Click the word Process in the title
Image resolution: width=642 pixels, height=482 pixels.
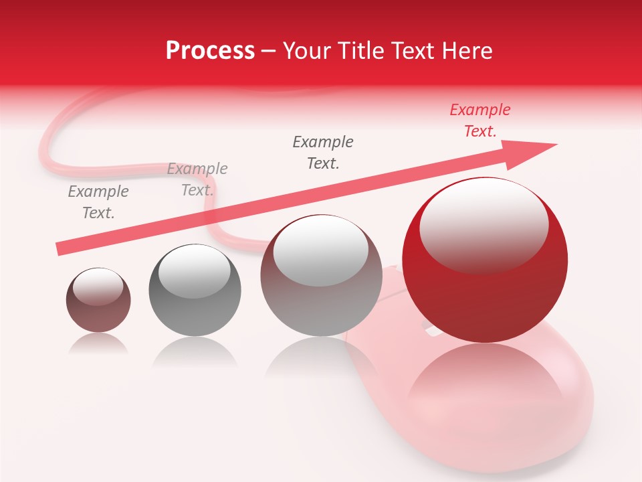coord(210,51)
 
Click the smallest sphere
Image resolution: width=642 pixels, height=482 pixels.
coord(98,301)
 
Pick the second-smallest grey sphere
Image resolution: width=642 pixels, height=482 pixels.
coord(195,291)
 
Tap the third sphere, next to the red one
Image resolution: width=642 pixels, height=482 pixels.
coord(321,275)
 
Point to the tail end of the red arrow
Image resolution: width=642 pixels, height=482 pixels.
coord(62,248)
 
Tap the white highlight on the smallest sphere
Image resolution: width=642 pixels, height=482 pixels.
coord(98,287)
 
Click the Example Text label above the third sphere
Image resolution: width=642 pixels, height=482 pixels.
coord(323,152)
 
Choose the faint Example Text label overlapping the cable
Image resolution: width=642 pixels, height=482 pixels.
coord(197,179)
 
